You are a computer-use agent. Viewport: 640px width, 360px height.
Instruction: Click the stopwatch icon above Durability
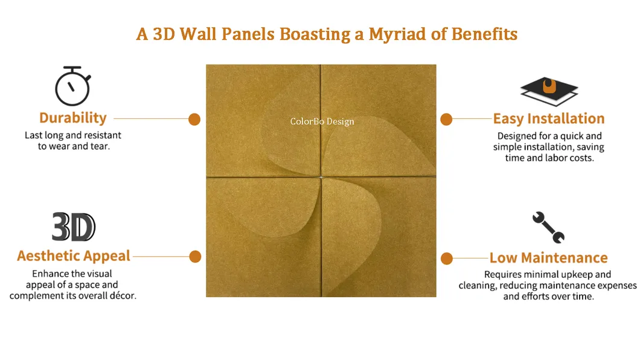coord(72,87)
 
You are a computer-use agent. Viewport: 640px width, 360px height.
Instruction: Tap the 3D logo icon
coord(74,227)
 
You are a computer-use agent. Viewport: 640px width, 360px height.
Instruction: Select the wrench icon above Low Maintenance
coord(548,227)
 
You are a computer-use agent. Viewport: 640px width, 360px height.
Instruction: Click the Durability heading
coord(73,118)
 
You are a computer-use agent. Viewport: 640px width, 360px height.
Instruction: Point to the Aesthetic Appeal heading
coord(74,256)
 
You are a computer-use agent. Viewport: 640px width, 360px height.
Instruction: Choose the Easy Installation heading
coord(548,118)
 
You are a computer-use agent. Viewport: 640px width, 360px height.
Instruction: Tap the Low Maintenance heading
coord(548,257)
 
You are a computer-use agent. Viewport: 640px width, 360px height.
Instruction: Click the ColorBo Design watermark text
coord(322,121)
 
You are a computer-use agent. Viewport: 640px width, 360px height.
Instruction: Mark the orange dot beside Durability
coord(194,119)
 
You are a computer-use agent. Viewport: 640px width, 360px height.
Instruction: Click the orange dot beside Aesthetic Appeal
coord(195,257)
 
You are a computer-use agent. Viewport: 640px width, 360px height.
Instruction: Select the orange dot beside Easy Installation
coord(446,119)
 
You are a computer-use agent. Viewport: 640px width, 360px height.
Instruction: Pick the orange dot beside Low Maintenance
coord(447,259)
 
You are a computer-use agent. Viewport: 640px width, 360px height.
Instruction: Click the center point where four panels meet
coord(321,176)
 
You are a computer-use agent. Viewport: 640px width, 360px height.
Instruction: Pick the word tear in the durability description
coord(100,146)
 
